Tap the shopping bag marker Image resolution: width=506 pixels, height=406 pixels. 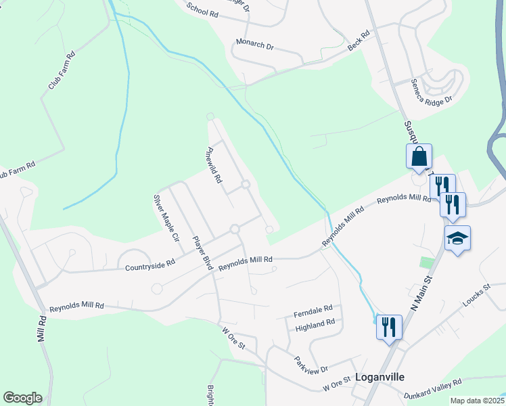[x=419, y=156]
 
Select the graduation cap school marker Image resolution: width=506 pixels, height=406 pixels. [x=457, y=238]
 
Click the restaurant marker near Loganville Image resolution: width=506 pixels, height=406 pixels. [x=389, y=328]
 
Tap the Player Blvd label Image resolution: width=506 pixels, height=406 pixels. [x=202, y=252]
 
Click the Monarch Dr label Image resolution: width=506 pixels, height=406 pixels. [x=254, y=45]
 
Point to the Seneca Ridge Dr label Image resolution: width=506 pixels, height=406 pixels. [x=431, y=91]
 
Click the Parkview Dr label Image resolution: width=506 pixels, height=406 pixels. [x=311, y=364]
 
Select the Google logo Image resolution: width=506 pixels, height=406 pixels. [x=22, y=397]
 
